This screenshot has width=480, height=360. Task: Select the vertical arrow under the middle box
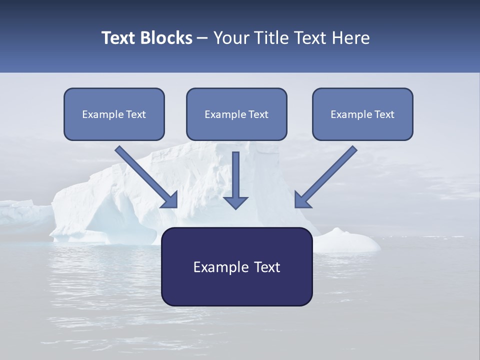click(x=235, y=175)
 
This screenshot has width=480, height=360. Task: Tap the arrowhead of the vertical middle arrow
click(x=235, y=202)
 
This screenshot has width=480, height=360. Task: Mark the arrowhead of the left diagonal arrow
click(x=170, y=200)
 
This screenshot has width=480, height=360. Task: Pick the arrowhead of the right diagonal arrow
click(x=301, y=200)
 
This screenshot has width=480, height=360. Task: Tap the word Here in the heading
click(x=350, y=38)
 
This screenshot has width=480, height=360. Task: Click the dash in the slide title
click(x=202, y=38)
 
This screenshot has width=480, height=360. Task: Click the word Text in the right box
click(x=384, y=114)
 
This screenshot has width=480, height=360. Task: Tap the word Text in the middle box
click(x=258, y=114)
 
